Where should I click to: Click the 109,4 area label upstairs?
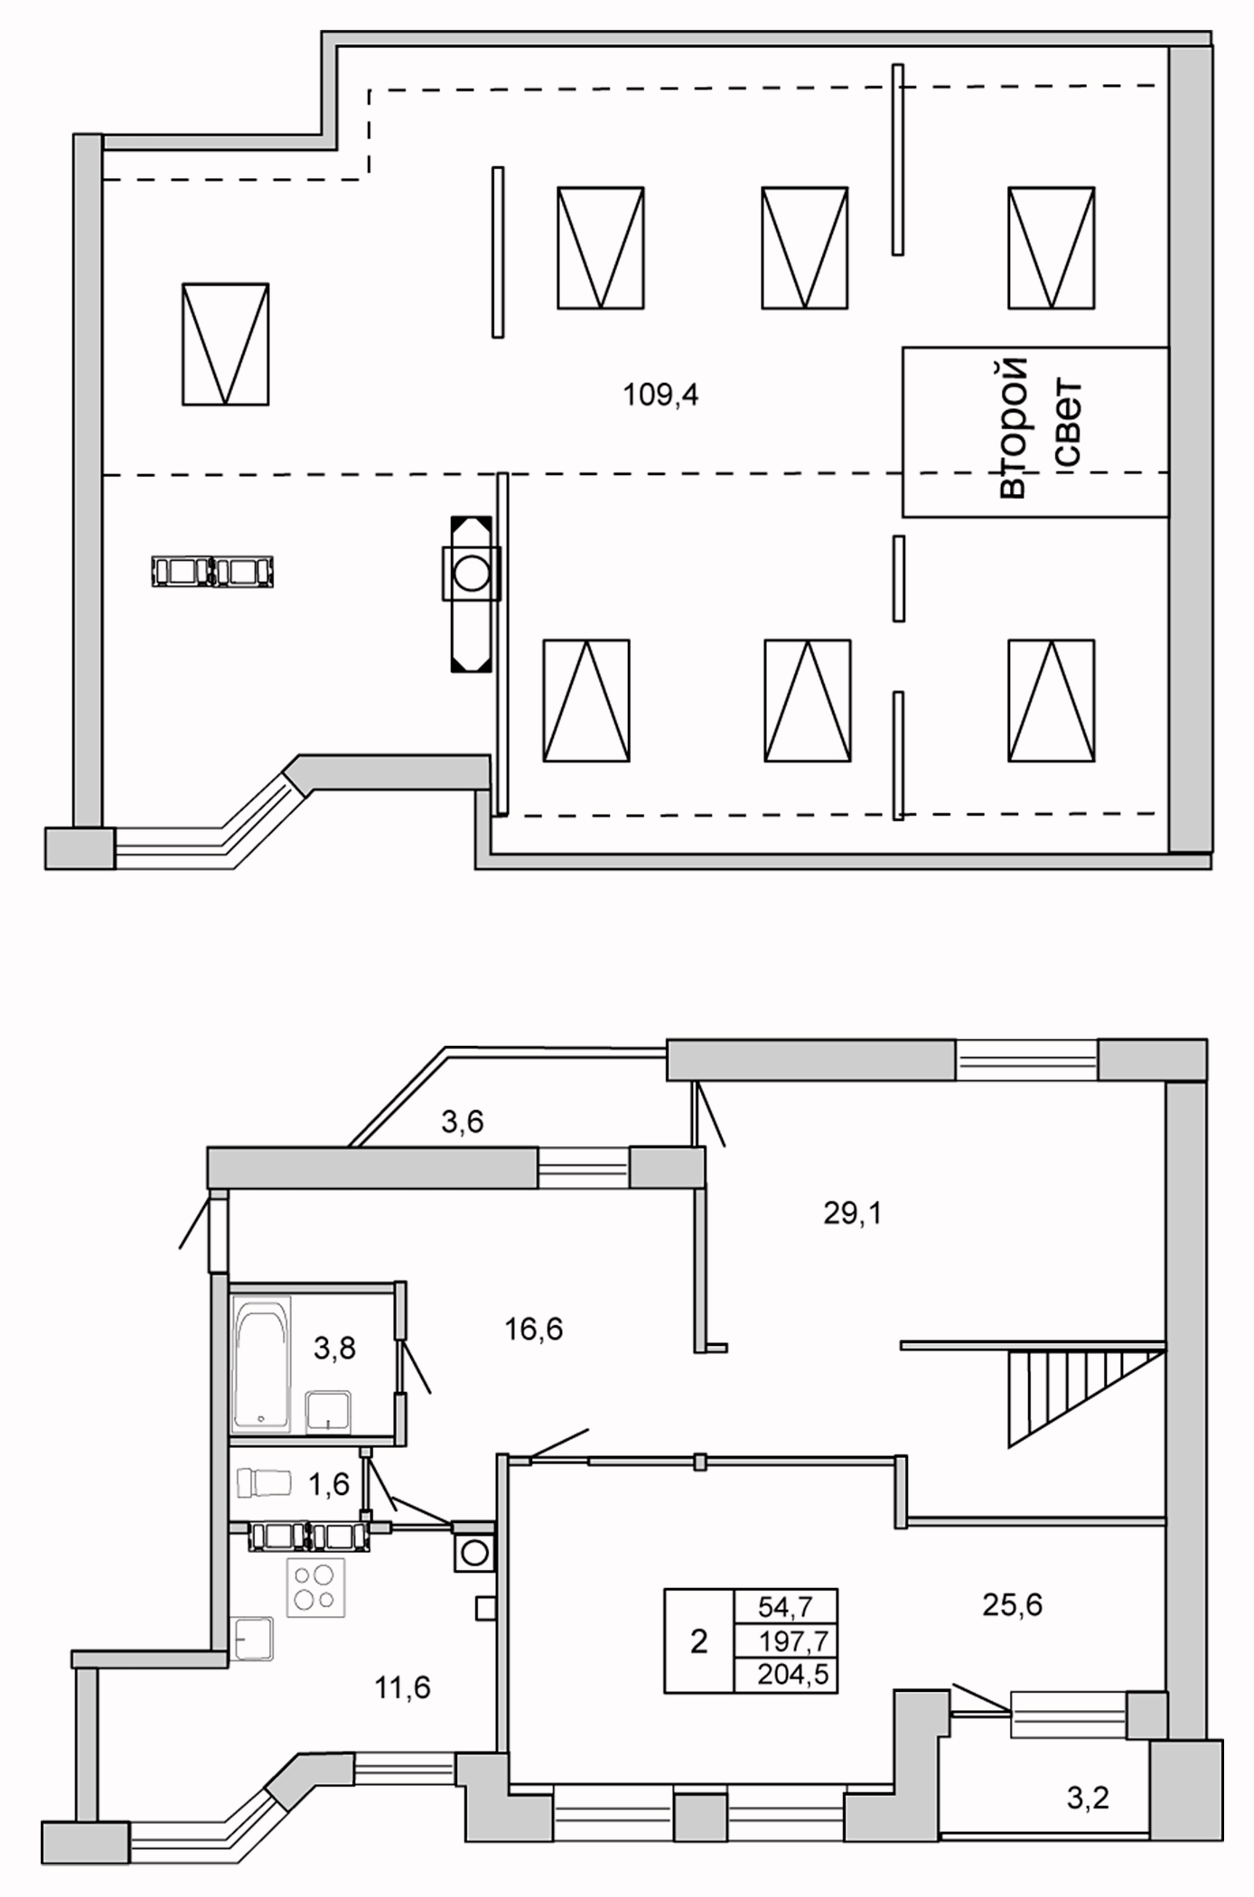pyautogui.click(x=660, y=395)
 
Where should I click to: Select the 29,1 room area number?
pyautogui.click(x=852, y=1213)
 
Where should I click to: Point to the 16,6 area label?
pyautogui.click(x=534, y=1329)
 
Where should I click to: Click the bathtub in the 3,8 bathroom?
pyautogui.click(x=261, y=1364)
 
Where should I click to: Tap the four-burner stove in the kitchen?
pyautogui.click(x=315, y=1587)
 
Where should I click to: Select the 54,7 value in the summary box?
pyautogui.click(x=786, y=1605)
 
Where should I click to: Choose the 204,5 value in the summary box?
pyautogui.click(x=793, y=1674)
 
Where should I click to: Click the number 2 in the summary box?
pyautogui.click(x=698, y=1640)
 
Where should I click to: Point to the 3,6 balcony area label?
pyautogui.click(x=463, y=1121)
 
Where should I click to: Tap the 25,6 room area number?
pyautogui.click(x=1012, y=1604)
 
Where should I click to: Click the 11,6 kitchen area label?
pyautogui.click(x=403, y=1687)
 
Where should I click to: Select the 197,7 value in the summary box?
pyautogui.click(x=793, y=1640)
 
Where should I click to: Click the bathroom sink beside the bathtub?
pyautogui.click(x=328, y=1411)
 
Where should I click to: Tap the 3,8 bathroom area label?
pyautogui.click(x=334, y=1349)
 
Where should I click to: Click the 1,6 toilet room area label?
pyautogui.click(x=329, y=1483)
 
